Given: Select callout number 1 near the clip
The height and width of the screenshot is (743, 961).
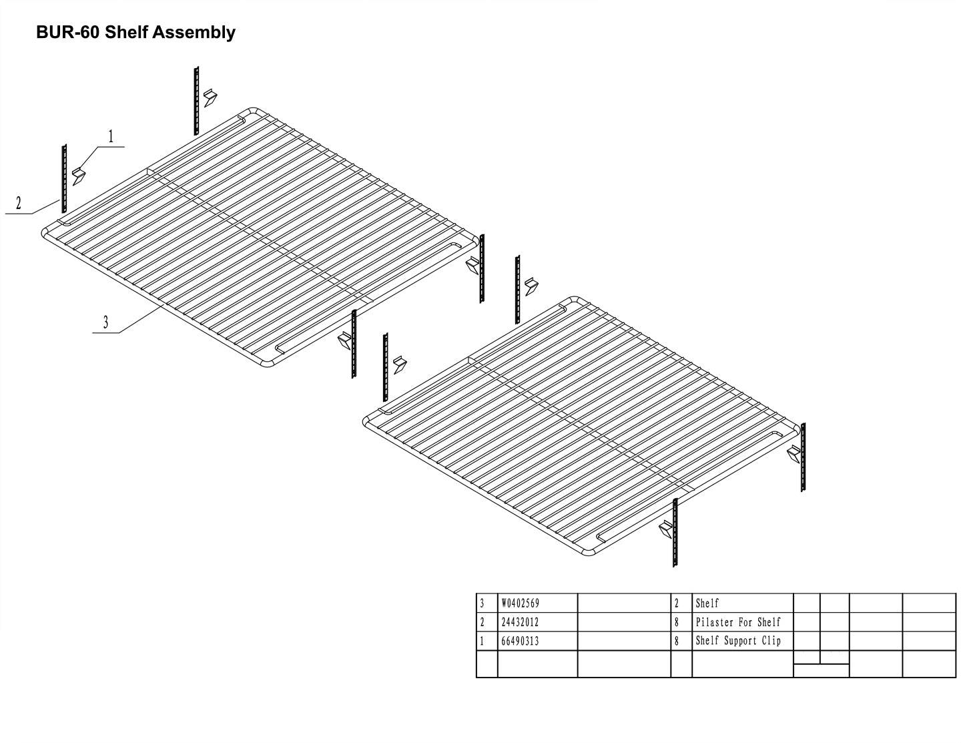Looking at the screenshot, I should tap(111, 136).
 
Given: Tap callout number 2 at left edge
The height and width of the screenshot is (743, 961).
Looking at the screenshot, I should tap(19, 204).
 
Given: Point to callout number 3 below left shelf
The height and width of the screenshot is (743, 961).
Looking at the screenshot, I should tap(105, 323).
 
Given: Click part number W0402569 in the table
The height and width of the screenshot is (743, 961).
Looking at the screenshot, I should tap(520, 603).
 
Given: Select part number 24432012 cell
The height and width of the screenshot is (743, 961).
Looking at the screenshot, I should tap(520, 622).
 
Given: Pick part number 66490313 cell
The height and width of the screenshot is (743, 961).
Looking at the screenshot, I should tap(520, 641).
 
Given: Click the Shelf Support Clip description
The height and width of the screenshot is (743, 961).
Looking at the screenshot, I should tap(737, 641).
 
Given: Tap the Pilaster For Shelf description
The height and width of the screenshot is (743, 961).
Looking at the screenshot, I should tap(737, 622).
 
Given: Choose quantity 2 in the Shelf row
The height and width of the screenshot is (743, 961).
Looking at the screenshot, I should tap(677, 603).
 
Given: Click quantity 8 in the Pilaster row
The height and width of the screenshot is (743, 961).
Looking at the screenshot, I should tap(677, 622).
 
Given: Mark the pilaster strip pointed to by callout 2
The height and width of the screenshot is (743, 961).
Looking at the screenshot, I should tap(64, 177).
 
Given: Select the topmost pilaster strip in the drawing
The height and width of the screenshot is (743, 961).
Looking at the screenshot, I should tap(197, 100).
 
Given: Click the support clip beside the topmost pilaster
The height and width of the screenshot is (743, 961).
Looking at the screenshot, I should tap(211, 97).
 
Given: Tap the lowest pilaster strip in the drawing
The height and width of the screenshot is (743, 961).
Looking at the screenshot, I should tap(675, 533).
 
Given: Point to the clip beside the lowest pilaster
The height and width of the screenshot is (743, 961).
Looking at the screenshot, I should tap(665, 531).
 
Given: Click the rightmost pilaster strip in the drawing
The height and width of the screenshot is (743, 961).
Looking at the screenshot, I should tap(803, 457).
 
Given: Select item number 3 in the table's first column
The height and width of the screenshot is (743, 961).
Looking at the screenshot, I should tap(482, 603).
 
